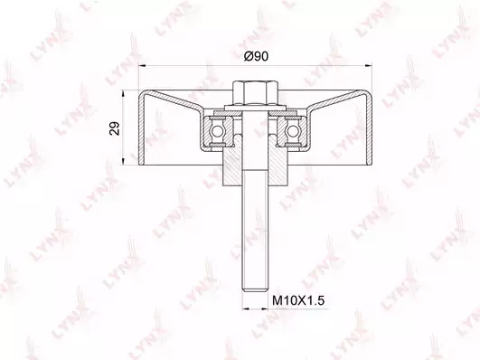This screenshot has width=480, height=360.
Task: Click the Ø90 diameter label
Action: [x=256, y=56]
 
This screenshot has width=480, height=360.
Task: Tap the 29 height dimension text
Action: [x=115, y=128]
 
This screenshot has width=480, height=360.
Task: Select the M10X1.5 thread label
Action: [x=298, y=300]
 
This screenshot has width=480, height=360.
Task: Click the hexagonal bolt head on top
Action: [x=255, y=92]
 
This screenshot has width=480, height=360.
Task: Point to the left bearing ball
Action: [x=216, y=131]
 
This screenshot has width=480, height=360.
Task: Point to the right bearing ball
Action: [x=293, y=131]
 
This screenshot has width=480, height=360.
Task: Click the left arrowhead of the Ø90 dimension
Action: [x=142, y=65]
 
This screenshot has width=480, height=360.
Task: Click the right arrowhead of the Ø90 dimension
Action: [x=368, y=65]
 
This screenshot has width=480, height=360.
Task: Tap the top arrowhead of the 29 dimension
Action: [x=123, y=94]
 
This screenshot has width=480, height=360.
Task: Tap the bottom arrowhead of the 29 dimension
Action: [x=123, y=162]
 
